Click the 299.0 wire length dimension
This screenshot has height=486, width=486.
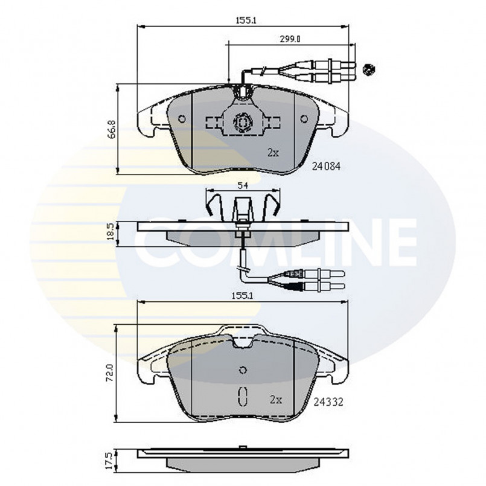pos(290,39)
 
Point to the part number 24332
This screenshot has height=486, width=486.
pos(329,400)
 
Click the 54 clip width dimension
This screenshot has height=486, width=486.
pos(243,185)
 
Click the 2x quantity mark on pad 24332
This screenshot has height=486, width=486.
pos(277,399)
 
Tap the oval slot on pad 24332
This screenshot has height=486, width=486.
pos(243,396)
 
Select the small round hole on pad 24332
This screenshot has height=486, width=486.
pos(243,371)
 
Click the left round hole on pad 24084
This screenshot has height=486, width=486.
pos(181,118)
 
